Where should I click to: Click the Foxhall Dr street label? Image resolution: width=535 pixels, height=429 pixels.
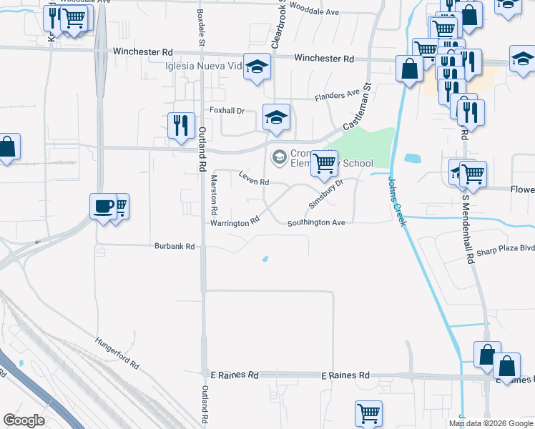227,111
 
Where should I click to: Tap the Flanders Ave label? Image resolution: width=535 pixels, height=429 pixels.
338,94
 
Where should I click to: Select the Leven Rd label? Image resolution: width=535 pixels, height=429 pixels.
253,182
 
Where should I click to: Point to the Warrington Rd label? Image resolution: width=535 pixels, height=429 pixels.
234,223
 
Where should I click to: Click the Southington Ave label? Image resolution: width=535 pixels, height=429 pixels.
316,223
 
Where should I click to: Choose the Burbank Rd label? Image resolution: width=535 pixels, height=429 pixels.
175,247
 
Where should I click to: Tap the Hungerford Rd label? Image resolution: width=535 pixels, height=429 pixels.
117,352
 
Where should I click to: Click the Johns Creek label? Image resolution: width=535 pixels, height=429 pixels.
397,202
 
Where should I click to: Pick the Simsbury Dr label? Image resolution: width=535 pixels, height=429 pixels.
326,193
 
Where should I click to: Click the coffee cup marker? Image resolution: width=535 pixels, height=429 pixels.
103,206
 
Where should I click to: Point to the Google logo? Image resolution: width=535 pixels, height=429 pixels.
24,420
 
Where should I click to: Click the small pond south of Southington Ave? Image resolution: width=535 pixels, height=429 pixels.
265,260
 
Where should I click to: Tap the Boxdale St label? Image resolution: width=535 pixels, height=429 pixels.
201,29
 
